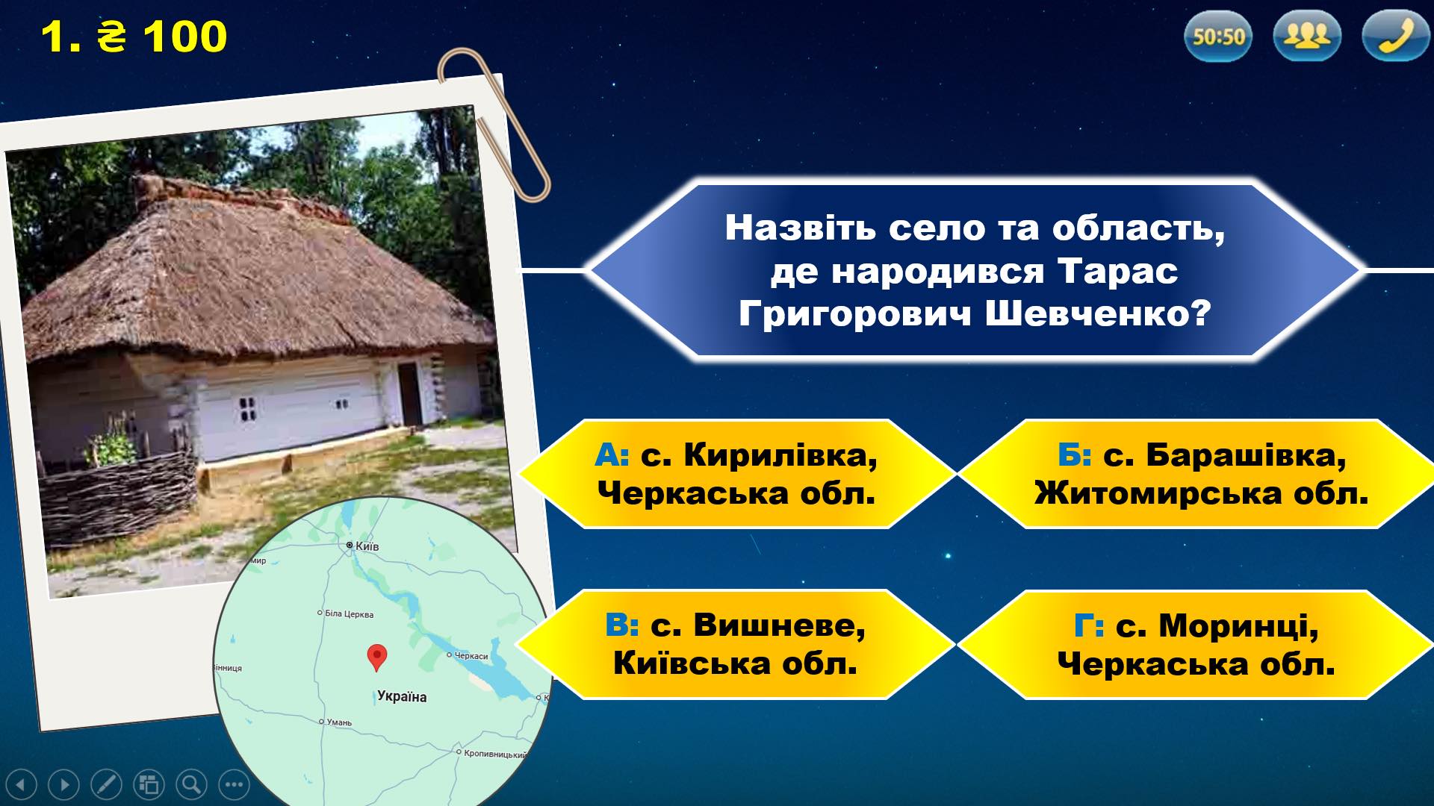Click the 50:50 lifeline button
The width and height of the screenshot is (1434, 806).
pyautogui.click(x=1218, y=36)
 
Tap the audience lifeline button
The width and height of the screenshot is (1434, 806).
pyautogui.click(x=1307, y=36)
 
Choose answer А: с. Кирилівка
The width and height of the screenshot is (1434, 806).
pyautogui.click(x=736, y=474)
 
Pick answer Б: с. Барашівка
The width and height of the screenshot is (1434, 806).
pyautogui.click(x=1196, y=474)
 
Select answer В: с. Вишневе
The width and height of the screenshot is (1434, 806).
pyautogui.click(x=736, y=645)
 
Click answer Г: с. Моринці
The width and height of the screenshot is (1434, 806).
pyautogui.click(x=1196, y=645)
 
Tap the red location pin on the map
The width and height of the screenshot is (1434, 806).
pyautogui.click(x=377, y=657)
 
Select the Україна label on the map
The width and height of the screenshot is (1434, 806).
pyautogui.click(x=402, y=697)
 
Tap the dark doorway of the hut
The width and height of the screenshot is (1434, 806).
pyautogui.click(x=409, y=393)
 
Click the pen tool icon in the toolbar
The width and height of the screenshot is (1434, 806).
pyautogui.click(x=106, y=784)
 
